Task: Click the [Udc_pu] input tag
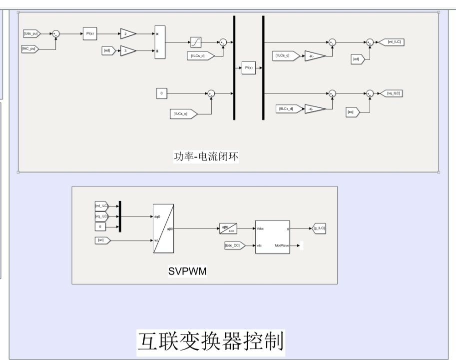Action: pyautogui.click(x=31, y=33)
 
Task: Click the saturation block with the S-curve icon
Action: pyautogui.click(x=195, y=42)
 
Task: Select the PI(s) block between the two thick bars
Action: pyautogui.click(x=248, y=68)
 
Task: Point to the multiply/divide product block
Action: pyautogui.click(x=159, y=42)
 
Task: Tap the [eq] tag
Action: pyautogui.click(x=352, y=112)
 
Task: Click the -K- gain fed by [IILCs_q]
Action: pyautogui.click(x=315, y=56)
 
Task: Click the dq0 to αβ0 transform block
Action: pyautogui.click(x=163, y=228)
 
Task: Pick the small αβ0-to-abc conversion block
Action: pyautogui.click(x=228, y=228)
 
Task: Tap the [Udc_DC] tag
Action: pyautogui.click(x=234, y=245)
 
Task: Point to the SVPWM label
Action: pyautogui.click(x=188, y=271)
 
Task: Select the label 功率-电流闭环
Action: pyautogui.click(x=206, y=156)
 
